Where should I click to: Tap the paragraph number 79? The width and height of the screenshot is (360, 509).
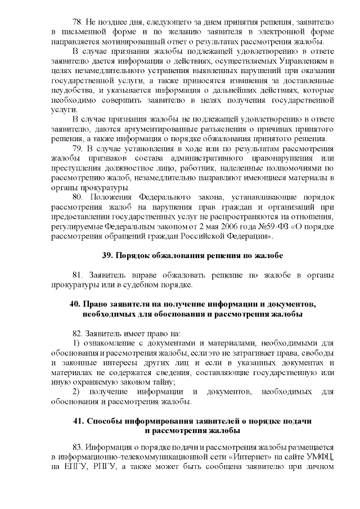[78, 148]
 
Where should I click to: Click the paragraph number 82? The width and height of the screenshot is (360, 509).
[78, 334]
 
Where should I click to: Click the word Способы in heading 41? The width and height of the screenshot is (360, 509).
[105, 421]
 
